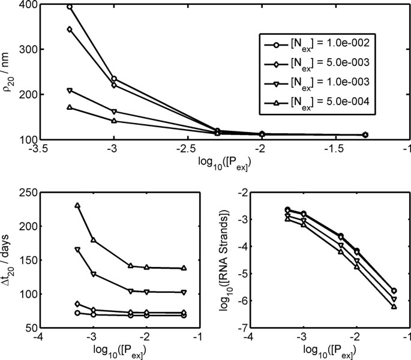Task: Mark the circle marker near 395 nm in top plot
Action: point(70,7)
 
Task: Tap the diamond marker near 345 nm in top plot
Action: point(70,29)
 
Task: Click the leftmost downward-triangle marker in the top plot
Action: point(70,91)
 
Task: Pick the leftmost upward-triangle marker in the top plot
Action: point(70,107)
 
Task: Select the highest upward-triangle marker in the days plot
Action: point(77,205)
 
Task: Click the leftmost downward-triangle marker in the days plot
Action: point(77,250)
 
